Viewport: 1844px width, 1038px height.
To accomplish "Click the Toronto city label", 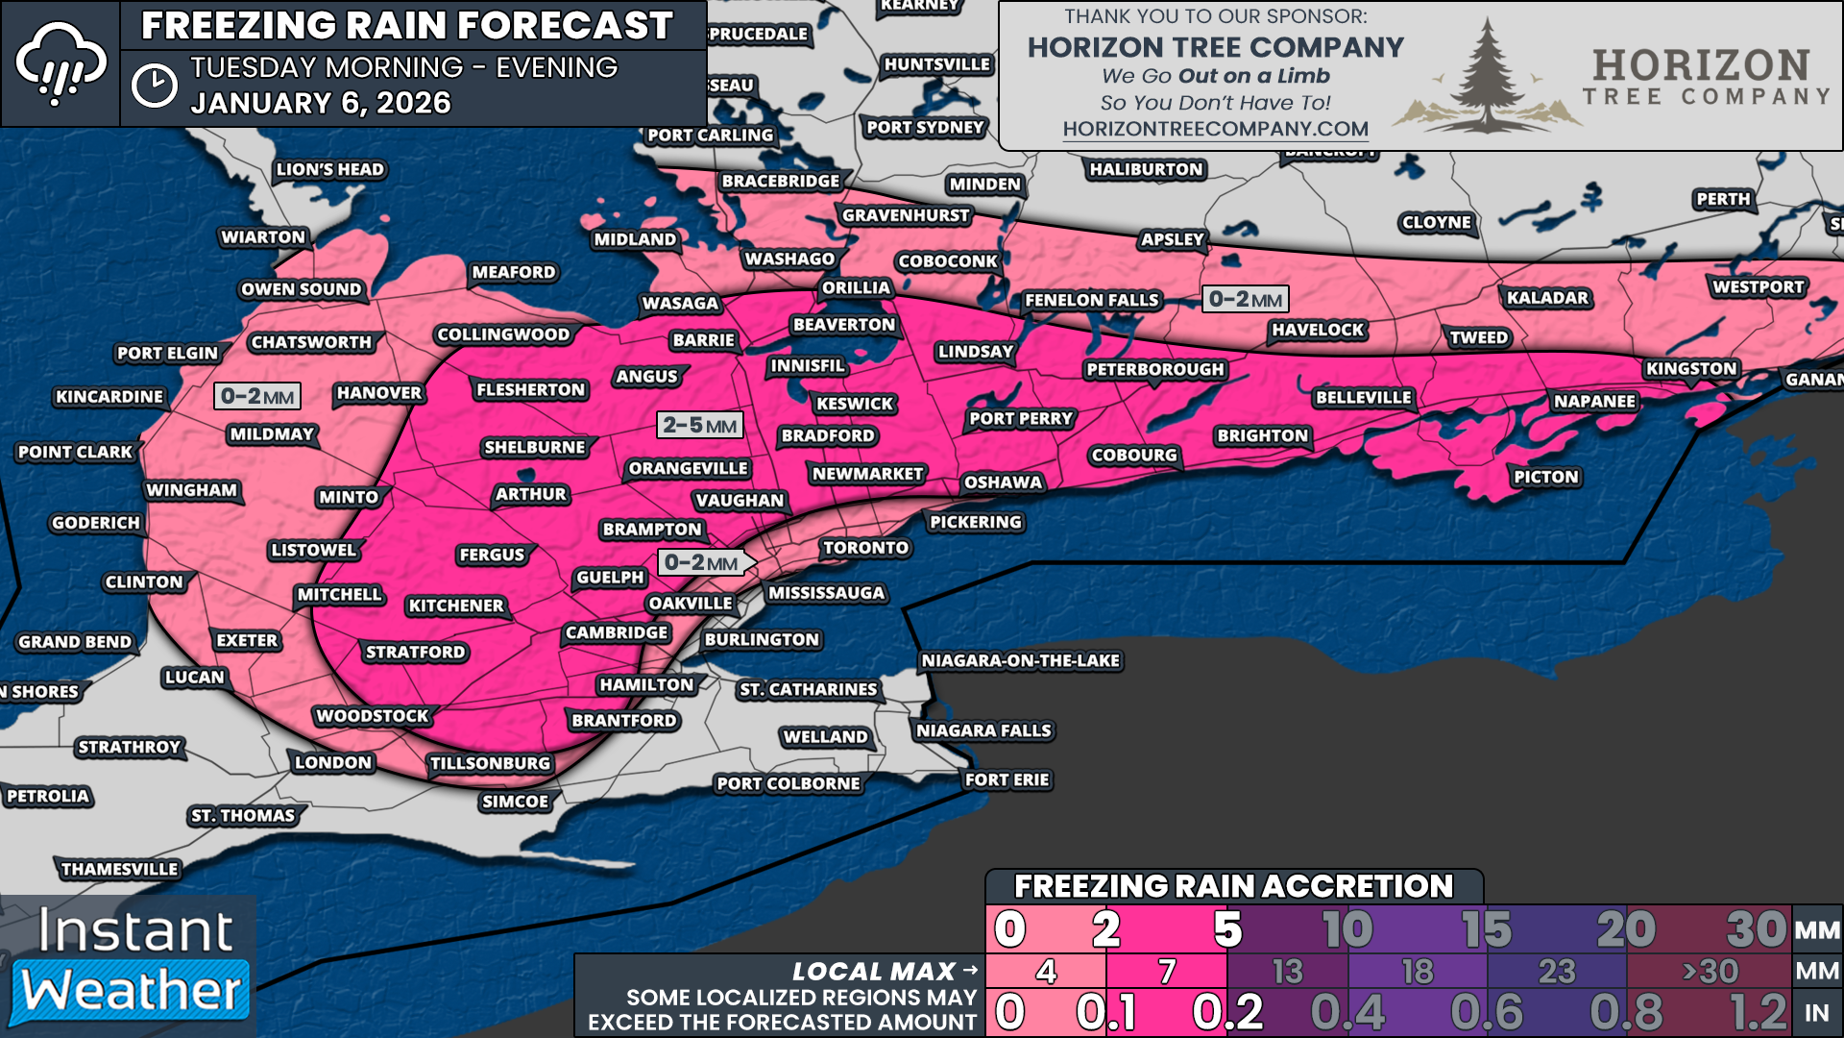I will (865, 548).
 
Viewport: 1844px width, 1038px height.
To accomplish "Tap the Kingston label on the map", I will (1690, 369).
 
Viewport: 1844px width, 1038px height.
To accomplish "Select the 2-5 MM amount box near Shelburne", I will (700, 425).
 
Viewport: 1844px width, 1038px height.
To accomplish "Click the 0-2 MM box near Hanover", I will (257, 396).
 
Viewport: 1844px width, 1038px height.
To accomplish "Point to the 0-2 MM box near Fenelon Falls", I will (1245, 299).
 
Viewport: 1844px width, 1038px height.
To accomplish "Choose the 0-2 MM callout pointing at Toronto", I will (702, 563).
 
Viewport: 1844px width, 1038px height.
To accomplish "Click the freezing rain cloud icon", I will (60, 63).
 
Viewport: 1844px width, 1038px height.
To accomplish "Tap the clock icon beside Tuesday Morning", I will (154, 86).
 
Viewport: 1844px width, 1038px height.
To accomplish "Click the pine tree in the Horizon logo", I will (1486, 77).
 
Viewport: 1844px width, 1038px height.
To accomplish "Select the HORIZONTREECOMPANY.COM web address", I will (1215, 129).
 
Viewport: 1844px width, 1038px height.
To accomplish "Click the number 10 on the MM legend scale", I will (1347, 929).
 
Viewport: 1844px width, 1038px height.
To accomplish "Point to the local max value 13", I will (1287, 972).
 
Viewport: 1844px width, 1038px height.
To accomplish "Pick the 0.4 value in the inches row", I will (1347, 1012).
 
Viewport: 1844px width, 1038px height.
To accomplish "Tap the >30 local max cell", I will (1710, 972).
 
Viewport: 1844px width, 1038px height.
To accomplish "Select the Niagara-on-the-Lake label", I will (1020, 661).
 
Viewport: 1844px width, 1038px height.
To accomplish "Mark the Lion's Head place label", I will (329, 170).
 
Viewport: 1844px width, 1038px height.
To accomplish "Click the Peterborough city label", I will (1154, 370).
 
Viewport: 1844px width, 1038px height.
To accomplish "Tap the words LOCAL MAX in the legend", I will (873, 972).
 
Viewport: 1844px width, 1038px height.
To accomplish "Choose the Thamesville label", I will (119, 870).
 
